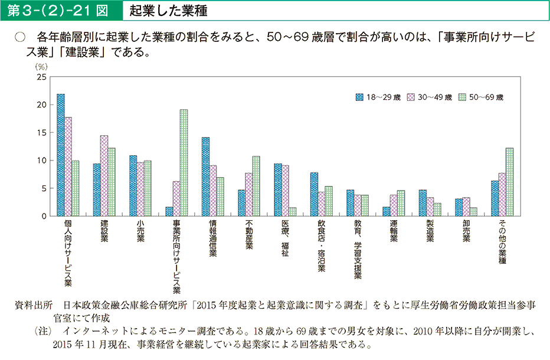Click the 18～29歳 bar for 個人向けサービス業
(61, 155)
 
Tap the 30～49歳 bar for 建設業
(104, 175)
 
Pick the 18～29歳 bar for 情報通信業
(205, 176)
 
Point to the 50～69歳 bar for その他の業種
(509, 182)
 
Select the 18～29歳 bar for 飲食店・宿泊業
(314, 194)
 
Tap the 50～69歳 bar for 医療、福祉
(293, 211)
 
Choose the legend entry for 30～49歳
(430, 97)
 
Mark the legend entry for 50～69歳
(482, 97)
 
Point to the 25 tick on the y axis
(41, 77)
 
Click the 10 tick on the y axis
(41, 161)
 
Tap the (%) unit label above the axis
(41, 67)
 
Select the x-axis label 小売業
(140, 231)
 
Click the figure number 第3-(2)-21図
(59, 11)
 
